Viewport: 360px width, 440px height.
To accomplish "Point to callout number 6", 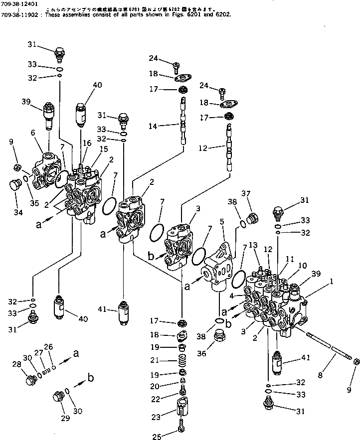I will pos(32,133).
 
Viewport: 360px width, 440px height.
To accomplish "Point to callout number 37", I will pos(245,194).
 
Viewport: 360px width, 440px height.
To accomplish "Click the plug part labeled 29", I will pos(58,398).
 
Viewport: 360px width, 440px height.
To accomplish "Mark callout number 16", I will pos(87,143).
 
